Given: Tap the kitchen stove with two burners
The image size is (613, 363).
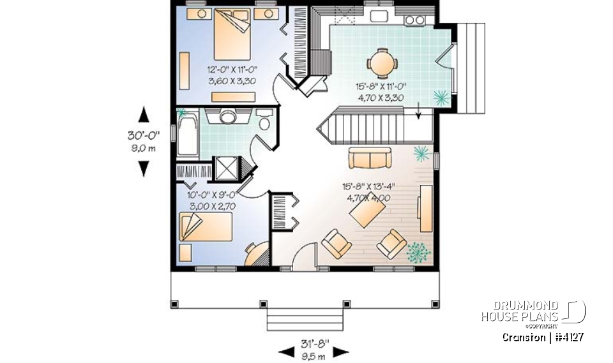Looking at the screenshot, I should [415, 20].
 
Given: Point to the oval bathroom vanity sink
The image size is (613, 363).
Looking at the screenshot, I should [228, 117].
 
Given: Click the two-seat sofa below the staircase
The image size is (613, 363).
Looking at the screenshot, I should [370, 157].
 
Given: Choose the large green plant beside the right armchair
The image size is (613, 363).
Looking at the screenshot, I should [418, 251].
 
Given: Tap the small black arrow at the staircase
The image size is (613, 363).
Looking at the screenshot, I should [418, 114].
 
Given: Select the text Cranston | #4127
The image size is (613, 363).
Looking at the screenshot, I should [543, 337].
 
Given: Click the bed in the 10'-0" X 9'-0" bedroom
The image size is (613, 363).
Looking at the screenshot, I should [204, 226].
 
